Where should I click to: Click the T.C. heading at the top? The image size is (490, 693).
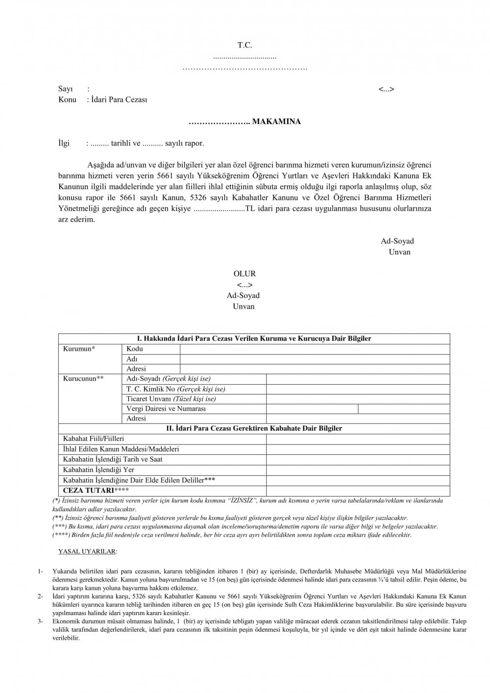tap(245, 45)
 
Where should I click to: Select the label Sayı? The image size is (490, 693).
tap(66, 89)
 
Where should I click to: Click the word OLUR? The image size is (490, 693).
tap(244, 274)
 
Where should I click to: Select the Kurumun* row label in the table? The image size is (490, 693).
tap(79, 348)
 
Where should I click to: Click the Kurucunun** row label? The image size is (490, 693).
tap(83, 378)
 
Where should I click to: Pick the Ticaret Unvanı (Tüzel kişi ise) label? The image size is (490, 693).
tap(171, 398)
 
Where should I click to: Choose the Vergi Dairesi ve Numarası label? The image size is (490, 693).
tap(166, 408)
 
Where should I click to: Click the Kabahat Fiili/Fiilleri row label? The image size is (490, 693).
tap(94, 439)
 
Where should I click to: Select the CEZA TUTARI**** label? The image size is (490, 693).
tap(96, 490)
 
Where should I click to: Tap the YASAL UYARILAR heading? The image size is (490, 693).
tap(88, 551)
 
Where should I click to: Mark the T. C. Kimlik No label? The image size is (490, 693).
tap(175, 389)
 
